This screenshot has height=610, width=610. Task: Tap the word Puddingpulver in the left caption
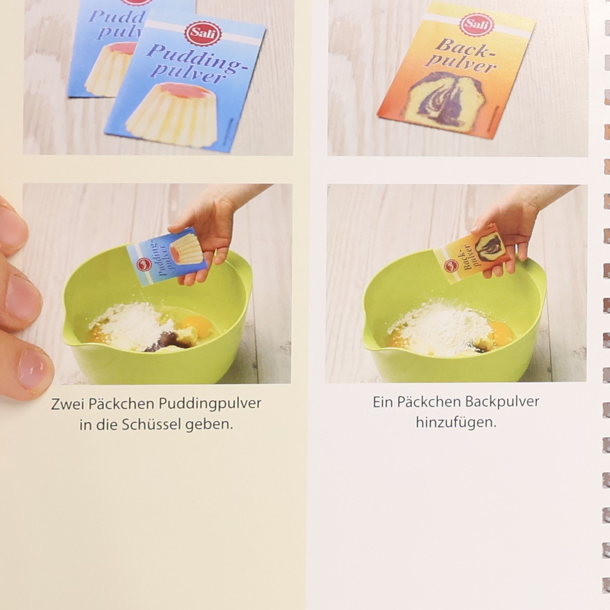coord(210,405)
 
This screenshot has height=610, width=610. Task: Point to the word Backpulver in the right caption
coord(502,402)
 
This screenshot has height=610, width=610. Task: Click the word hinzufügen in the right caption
coord(456,423)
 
